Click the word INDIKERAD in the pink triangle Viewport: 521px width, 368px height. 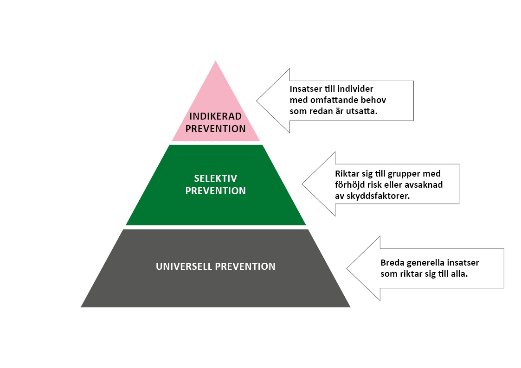216,116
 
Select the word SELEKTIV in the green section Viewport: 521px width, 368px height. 216,178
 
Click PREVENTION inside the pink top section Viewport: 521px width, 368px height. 216,129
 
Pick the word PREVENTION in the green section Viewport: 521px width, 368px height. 216,190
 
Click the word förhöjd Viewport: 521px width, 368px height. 350,185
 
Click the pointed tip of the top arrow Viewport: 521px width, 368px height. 257,101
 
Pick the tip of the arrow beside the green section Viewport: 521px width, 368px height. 302,184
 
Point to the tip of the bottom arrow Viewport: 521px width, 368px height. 347,268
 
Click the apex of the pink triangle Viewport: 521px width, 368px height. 216,61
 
